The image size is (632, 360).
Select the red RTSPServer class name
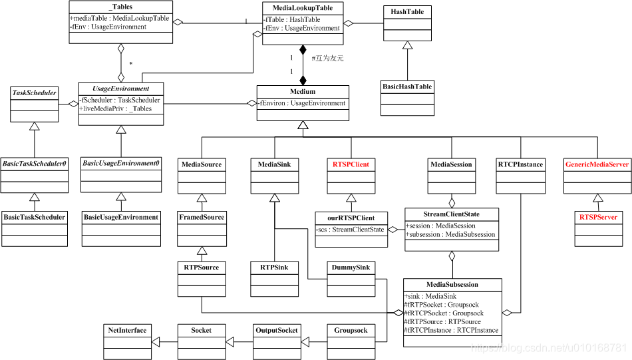[x=597, y=217]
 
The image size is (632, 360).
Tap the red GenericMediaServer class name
[x=597, y=164]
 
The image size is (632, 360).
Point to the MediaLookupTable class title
[x=303, y=8]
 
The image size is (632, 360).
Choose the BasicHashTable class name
[x=407, y=87]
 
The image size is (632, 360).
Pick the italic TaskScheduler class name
[x=35, y=92]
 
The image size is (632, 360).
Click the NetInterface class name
[x=127, y=330]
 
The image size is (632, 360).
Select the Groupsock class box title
[x=351, y=330]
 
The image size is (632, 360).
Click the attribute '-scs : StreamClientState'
[x=351, y=230]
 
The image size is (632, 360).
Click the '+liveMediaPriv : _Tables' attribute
[x=115, y=108]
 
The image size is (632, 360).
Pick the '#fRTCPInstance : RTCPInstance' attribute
[x=450, y=330]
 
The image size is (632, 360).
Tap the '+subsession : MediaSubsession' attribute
[x=450, y=234]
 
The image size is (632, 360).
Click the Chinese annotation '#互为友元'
[x=327, y=58]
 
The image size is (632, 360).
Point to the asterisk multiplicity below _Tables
[x=130, y=65]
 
